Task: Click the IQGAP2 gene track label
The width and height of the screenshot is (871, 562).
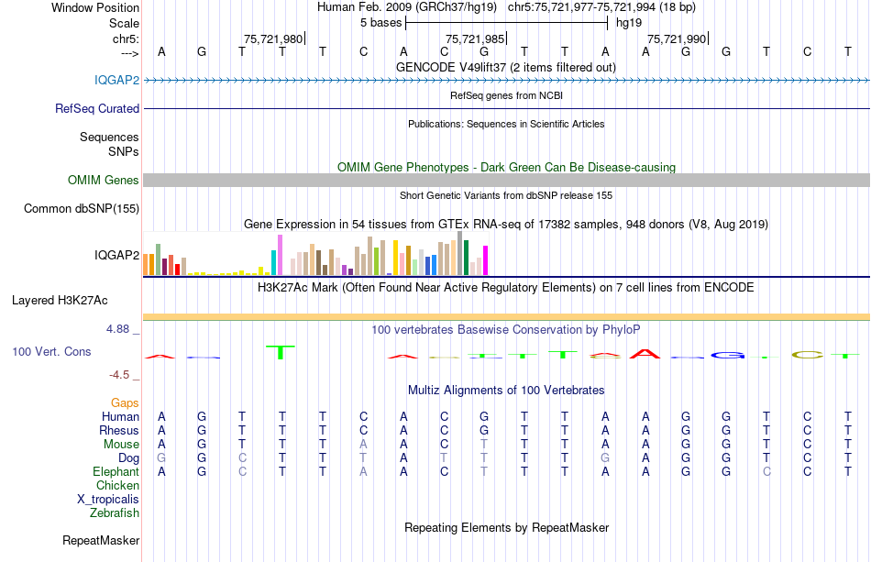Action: pyautogui.click(x=116, y=80)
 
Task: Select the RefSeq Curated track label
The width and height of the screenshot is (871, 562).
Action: pyautogui.click(x=97, y=108)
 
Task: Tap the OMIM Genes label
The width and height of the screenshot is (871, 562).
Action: pyautogui.click(x=103, y=181)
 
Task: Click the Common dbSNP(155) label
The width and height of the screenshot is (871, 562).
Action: pyautogui.click(x=81, y=209)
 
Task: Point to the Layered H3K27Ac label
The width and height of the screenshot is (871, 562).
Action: pyautogui.click(x=60, y=300)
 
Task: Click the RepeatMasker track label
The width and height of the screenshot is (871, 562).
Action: pyautogui.click(x=101, y=541)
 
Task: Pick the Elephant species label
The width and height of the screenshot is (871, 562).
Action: pyautogui.click(x=116, y=472)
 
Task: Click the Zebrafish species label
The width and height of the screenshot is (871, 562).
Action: pyautogui.click(x=115, y=513)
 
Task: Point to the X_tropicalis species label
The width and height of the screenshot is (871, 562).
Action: pyautogui.click(x=108, y=500)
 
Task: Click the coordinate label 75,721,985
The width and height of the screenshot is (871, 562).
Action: pyautogui.click(x=475, y=39)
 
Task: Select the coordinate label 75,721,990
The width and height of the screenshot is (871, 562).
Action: pyautogui.click(x=677, y=39)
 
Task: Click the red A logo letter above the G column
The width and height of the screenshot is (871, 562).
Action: pyautogui.click(x=647, y=354)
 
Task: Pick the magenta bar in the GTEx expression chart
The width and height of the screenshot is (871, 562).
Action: pyautogui.click(x=485, y=260)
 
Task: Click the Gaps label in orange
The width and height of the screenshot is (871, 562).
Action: pyautogui.click(x=125, y=403)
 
